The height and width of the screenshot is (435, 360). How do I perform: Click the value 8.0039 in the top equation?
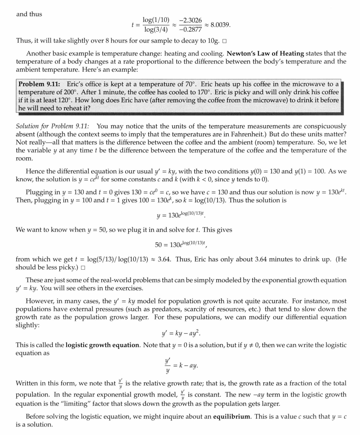[220, 25]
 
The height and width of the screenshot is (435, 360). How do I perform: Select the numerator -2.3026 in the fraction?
[190, 21]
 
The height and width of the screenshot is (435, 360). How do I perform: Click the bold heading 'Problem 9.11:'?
[41, 84]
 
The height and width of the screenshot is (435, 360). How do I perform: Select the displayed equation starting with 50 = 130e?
[180, 244]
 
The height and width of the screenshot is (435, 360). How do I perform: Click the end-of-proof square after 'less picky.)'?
[83, 268]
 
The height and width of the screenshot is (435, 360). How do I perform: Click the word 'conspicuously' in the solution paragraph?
[322, 126]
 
